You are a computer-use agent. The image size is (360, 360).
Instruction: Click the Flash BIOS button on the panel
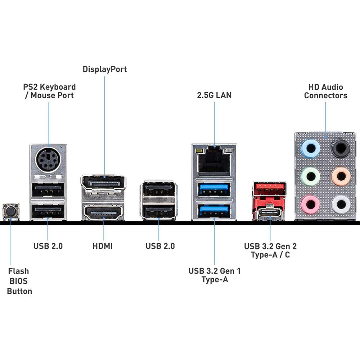tap(11, 211)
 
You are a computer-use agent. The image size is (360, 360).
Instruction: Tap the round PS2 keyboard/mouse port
tap(48, 159)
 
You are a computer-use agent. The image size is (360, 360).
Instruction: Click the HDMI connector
tap(104, 213)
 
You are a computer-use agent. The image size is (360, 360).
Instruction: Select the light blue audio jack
tap(310, 148)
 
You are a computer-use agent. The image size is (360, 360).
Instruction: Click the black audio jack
tap(341, 148)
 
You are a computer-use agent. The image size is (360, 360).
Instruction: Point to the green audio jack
tap(310, 176)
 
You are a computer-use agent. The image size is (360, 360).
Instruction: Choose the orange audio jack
tap(341, 176)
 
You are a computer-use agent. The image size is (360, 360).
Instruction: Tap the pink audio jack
tap(310, 204)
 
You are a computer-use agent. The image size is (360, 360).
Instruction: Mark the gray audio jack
tap(341, 204)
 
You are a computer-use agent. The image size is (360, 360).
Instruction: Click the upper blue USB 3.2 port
tap(214, 189)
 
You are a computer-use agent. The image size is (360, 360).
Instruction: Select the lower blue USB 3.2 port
tap(214, 210)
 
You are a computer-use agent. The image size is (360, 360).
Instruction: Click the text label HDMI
tap(103, 246)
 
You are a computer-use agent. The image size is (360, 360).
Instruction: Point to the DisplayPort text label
tap(105, 69)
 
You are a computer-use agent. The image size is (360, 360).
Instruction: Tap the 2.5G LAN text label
tap(214, 95)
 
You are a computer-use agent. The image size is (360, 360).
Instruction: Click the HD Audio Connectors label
tap(326, 91)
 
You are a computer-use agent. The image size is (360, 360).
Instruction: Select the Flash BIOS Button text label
tap(19, 281)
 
